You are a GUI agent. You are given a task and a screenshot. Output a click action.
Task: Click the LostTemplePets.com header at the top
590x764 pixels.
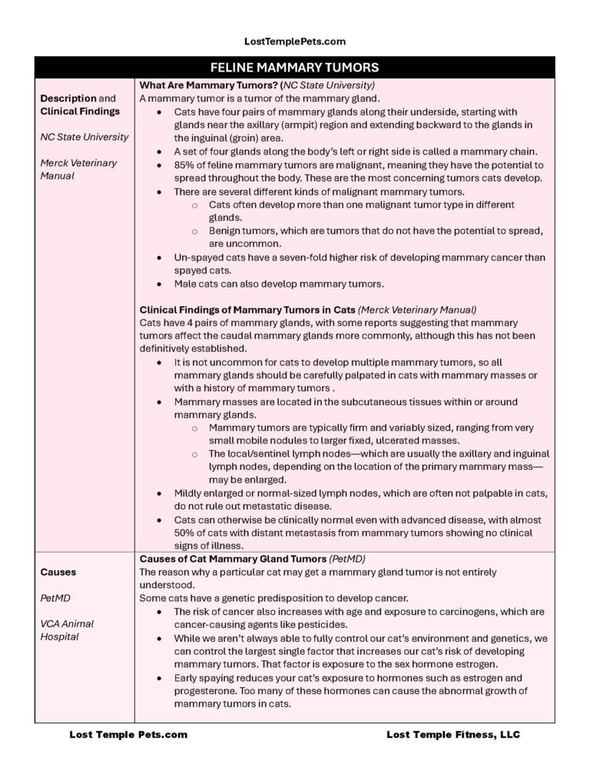(294, 41)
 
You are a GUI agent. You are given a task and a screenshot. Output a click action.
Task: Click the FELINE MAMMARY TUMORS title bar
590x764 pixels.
(294, 68)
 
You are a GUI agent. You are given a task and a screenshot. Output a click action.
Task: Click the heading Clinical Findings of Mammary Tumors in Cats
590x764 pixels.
(247, 310)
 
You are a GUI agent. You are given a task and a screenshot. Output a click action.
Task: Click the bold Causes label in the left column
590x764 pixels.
(58, 572)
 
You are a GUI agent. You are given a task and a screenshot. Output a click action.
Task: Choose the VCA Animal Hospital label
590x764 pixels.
(67, 630)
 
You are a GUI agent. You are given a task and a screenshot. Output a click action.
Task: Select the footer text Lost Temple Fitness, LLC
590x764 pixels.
(453, 734)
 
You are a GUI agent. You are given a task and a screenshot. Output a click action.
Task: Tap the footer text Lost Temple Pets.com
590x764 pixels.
(128, 734)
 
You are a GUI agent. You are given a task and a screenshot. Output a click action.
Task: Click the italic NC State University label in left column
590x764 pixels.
(85, 137)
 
